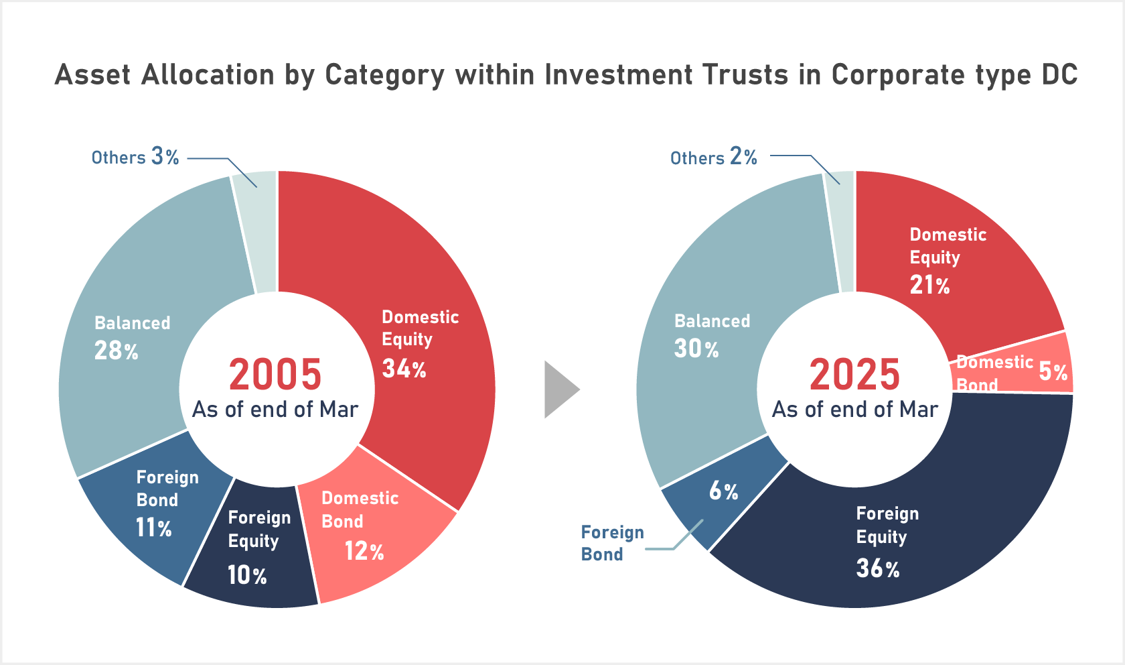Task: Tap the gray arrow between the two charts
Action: coord(560,389)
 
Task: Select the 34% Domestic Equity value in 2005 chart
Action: coord(404,369)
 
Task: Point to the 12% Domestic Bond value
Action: coord(364,551)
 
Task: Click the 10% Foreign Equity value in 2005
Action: coord(247,575)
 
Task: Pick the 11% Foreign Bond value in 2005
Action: coord(154,528)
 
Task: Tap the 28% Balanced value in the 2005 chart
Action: coord(116,351)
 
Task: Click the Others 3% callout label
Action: coord(135,157)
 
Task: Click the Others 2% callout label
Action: coord(714,158)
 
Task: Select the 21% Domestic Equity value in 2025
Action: coord(929,285)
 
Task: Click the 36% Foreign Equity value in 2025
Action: coord(878,568)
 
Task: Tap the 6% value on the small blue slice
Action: coord(724,491)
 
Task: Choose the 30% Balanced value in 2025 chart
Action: coord(696,349)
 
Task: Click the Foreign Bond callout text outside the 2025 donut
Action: coord(612,543)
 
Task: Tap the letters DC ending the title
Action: coord(1059,74)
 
